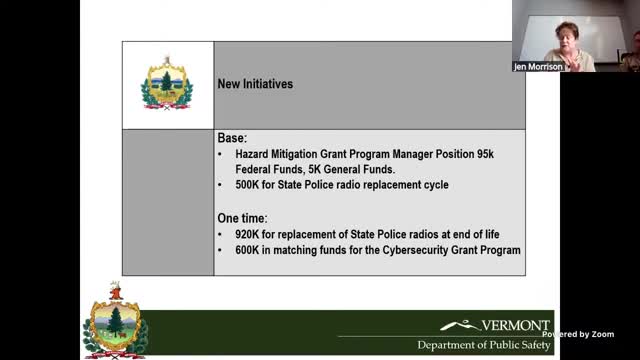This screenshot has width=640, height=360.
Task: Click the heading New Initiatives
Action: pyautogui.click(x=255, y=85)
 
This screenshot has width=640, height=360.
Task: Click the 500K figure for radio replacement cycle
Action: pyautogui.click(x=249, y=186)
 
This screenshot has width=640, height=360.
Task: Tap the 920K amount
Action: pyautogui.click(x=249, y=233)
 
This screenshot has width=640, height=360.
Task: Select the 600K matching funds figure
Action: pyautogui.click(x=249, y=249)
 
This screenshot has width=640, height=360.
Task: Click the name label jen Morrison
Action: pyautogui.click(x=540, y=67)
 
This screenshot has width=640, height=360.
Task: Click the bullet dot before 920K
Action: pyautogui.click(x=222, y=233)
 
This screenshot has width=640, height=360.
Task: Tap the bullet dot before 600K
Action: pyautogui.click(x=222, y=249)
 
